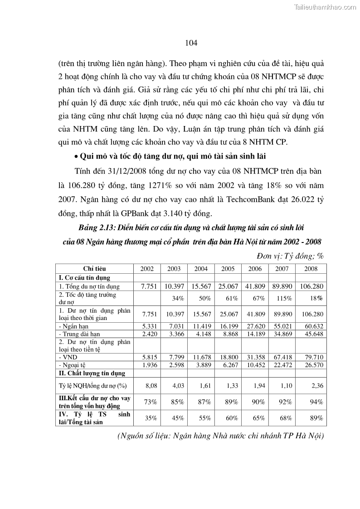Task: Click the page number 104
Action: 191,43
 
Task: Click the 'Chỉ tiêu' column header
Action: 94,269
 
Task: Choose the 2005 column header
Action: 228,269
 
